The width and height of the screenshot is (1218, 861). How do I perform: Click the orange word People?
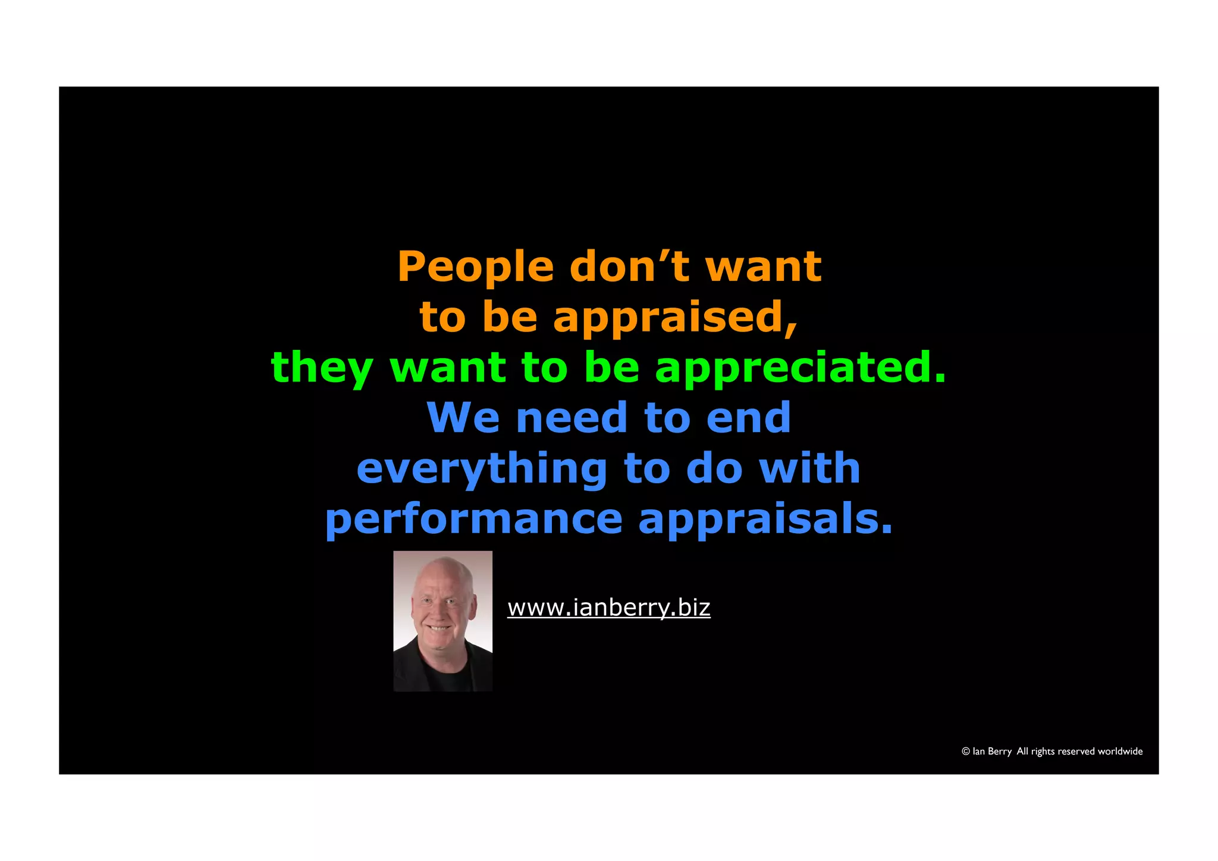(475, 267)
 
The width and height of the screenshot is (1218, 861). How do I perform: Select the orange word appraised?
(675, 318)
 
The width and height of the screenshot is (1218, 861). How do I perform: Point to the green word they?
(322, 368)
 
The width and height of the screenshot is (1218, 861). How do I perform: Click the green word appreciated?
(800, 368)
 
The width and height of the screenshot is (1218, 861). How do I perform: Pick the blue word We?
(463, 418)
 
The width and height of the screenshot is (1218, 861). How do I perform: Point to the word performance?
(473, 520)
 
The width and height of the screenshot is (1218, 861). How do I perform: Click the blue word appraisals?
(765, 520)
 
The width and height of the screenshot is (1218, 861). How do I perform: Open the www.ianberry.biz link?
(608, 608)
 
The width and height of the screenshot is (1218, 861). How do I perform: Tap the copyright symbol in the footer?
(966, 752)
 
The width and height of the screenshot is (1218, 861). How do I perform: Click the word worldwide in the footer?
(1120, 752)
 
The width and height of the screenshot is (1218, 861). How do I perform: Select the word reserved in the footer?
(1076, 752)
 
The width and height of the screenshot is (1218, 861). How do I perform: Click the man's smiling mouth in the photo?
(440, 628)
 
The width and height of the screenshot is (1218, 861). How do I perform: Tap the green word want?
(448, 367)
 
